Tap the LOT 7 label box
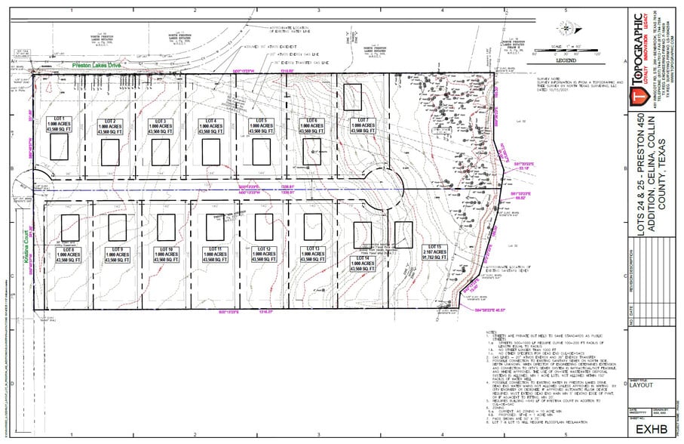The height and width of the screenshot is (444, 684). (363, 125)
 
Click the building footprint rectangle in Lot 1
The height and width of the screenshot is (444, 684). (59, 146)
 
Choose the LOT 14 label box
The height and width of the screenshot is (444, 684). (360, 261)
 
